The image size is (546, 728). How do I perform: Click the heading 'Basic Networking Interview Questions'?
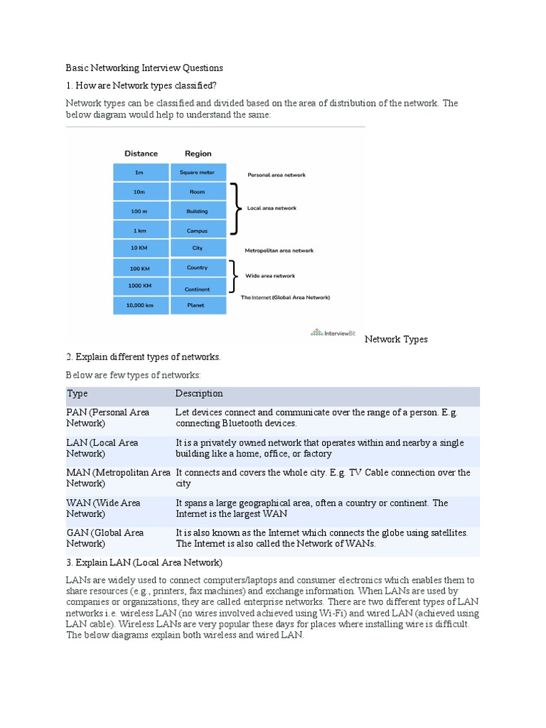[x=144, y=68]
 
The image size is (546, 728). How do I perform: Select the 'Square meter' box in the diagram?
[x=198, y=172]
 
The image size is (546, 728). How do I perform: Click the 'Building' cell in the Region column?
[x=198, y=211]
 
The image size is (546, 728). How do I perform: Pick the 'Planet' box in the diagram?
[x=198, y=306]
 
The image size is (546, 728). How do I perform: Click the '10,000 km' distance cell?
[x=141, y=306]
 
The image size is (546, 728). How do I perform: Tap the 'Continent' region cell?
[x=198, y=289]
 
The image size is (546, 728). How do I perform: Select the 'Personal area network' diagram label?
[x=277, y=175]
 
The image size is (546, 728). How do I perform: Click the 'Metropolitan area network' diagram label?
[x=279, y=250]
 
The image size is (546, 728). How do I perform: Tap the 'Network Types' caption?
[x=396, y=339]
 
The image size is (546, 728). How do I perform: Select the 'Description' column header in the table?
[x=199, y=393]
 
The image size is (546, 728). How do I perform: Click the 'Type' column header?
[x=77, y=393]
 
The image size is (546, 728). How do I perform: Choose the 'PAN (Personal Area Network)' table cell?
[x=108, y=417]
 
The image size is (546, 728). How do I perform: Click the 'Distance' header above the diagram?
[x=141, y=154]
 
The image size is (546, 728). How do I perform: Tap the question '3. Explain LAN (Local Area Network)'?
[x=144, y=562]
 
